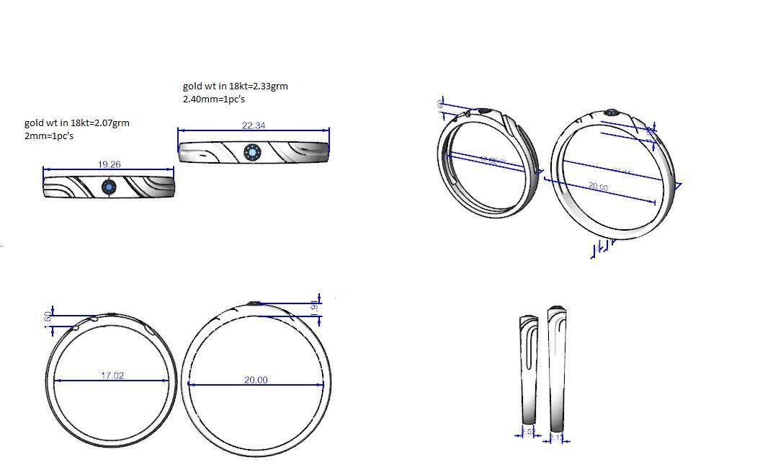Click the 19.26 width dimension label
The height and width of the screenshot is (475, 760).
(x=109, y=164)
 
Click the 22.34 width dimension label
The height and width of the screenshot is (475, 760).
(x=254, y=125)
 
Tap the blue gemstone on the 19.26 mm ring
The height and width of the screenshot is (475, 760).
(x=109, y=187)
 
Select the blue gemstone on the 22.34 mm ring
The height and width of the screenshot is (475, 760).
(x=252, y=152)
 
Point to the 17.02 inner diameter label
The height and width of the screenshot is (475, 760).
(x=113, y=376)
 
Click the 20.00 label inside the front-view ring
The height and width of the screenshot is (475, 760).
(x=256, y=380)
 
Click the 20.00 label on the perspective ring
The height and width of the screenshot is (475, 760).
(x=597, y=187)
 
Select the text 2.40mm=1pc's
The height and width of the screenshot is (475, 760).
(x=214, y=99)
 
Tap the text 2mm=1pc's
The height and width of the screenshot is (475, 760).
(x=49, y=136)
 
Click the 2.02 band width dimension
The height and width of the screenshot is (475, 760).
(x=528, y=432)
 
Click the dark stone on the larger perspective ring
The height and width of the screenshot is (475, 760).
(x=612, y=112)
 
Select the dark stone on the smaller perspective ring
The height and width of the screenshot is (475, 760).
(x=486, y=111)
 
